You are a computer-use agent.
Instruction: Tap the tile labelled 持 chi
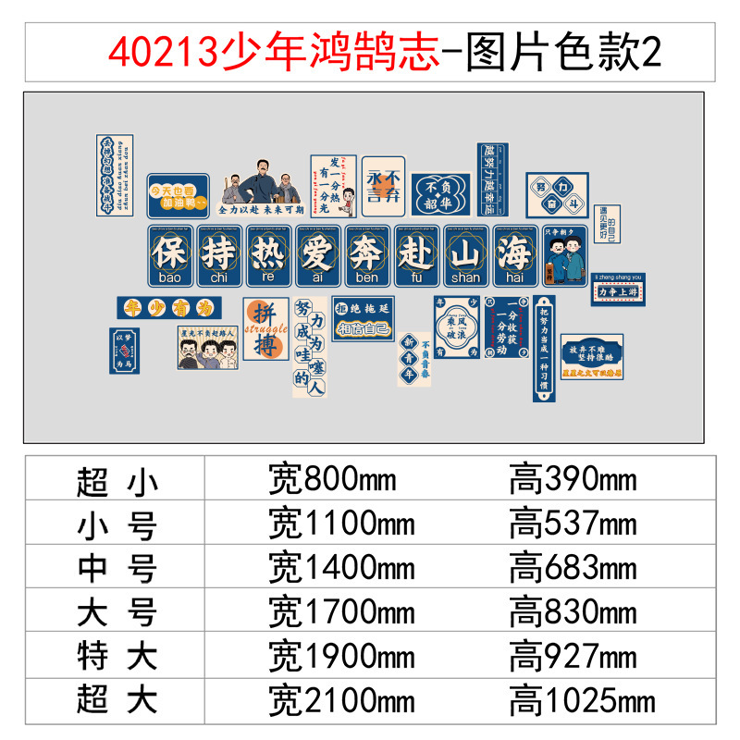point(219,255)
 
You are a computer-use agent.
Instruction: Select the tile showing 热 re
point(268,255)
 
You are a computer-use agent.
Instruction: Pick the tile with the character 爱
point(317,255)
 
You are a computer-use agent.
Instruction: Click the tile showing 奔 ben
point(367,255)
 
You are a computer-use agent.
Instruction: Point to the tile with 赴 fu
point(416,255)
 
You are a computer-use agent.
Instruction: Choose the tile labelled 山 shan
point(466,255)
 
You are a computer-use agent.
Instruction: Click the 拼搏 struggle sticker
point(265,328)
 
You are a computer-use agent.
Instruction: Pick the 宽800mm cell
point(332,480)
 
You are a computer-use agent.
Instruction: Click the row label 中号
point(117,568)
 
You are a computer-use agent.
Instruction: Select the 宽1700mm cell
point(340,611)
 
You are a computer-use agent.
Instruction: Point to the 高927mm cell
point(573,655)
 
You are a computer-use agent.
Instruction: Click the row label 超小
point(117,481)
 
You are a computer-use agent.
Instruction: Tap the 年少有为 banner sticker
point(156,307)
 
